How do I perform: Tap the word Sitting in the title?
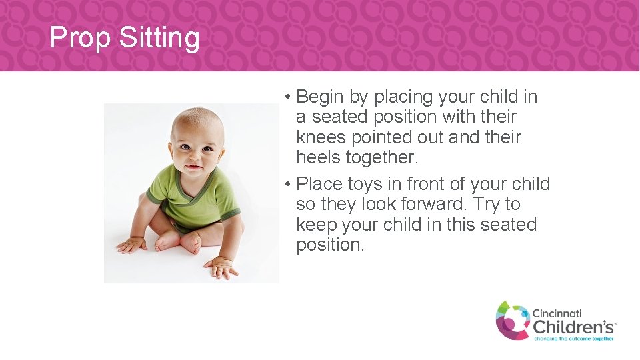tap(159, 39)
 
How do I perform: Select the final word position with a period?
tap(330, 245)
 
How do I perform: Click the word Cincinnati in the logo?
tap(557, 313)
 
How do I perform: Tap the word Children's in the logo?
tap(573, 327)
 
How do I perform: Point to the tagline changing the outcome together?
tap(573, 339)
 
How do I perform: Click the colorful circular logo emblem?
tap(512, 320)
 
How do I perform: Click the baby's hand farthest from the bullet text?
tap(131, 245)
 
